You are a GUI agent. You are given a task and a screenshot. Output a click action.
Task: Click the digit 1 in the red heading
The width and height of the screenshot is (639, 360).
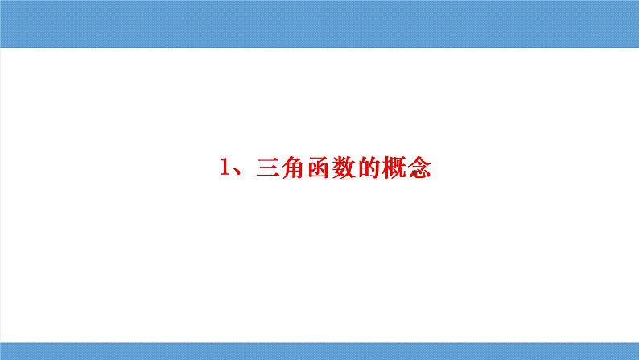(x=225, y=170)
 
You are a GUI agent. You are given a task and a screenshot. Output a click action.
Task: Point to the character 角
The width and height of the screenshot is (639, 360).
(x=291, y=170)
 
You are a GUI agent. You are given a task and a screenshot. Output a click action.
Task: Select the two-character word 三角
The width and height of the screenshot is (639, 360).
(x=278, y=170)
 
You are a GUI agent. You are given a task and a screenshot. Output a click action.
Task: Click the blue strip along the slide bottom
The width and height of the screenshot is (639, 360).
(x=319, y=350)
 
